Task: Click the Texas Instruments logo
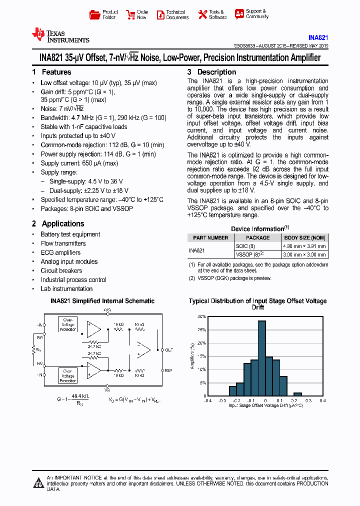pyautogui.click(x=60, y=36)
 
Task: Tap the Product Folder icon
pyautogui.click(x=94, y=14)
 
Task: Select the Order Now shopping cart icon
pyautogui.click(x=130, y=14)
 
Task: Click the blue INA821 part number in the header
pyautogui.click(x=318, y=37)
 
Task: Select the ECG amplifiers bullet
pyautogui.click(x=60, y=252)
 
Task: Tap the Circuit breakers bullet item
pyautogui.click(x=61, y=270)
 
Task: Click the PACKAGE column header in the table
pyautogui.click(x=257, y=237)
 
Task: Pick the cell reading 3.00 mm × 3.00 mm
pyautogui.click(x=304, y=254)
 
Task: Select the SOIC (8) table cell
pyautogui.click(x=245, y=246)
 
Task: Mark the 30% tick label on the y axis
pyautogui.click(x=201, y=317)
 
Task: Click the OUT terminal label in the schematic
pyautogui.click(x=169, y=349)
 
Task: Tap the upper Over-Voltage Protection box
pyautogui.click(x=67, y=324)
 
